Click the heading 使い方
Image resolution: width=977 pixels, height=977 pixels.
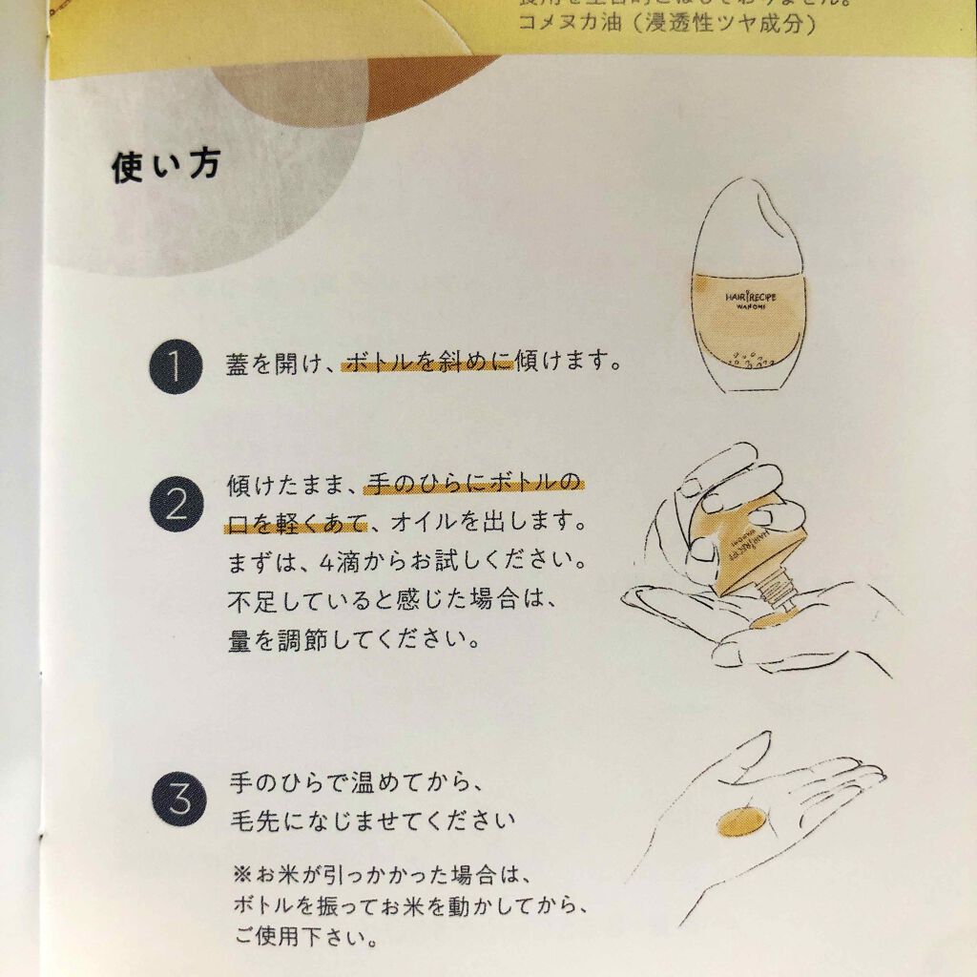167,168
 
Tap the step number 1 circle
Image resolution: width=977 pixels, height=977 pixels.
175,365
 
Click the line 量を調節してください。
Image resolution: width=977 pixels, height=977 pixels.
353,640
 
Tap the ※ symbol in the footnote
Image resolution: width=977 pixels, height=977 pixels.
239,874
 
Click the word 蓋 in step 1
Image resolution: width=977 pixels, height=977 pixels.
238,364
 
